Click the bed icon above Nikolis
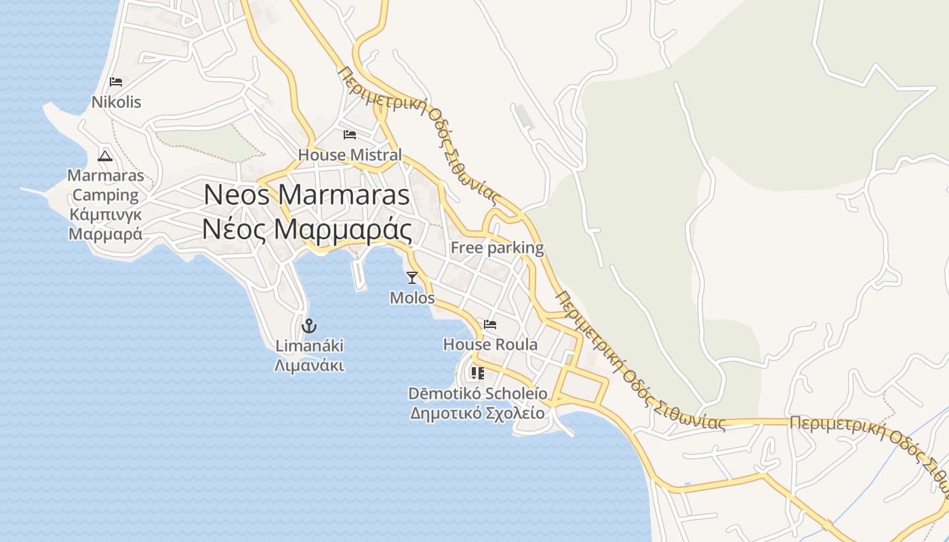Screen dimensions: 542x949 116,82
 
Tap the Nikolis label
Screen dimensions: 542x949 117,102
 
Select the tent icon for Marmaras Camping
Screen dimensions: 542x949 105,156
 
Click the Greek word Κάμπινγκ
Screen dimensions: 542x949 105,215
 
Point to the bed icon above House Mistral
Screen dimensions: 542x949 350,134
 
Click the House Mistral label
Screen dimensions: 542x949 350,155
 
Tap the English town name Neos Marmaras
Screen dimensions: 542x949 306,195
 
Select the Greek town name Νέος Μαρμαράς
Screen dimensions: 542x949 306,230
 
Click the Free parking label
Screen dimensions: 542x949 497,248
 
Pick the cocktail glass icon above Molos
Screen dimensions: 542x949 411,277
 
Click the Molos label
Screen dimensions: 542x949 412,298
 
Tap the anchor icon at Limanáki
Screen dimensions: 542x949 309,326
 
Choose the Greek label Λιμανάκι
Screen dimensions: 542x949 309,366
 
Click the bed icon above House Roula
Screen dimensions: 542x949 490,325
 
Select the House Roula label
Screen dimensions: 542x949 490,345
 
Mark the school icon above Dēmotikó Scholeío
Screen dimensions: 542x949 478,373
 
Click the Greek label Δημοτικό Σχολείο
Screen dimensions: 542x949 478,413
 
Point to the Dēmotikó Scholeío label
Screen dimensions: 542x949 478,394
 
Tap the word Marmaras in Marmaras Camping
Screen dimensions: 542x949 105,176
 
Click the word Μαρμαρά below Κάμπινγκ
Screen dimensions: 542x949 105,234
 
